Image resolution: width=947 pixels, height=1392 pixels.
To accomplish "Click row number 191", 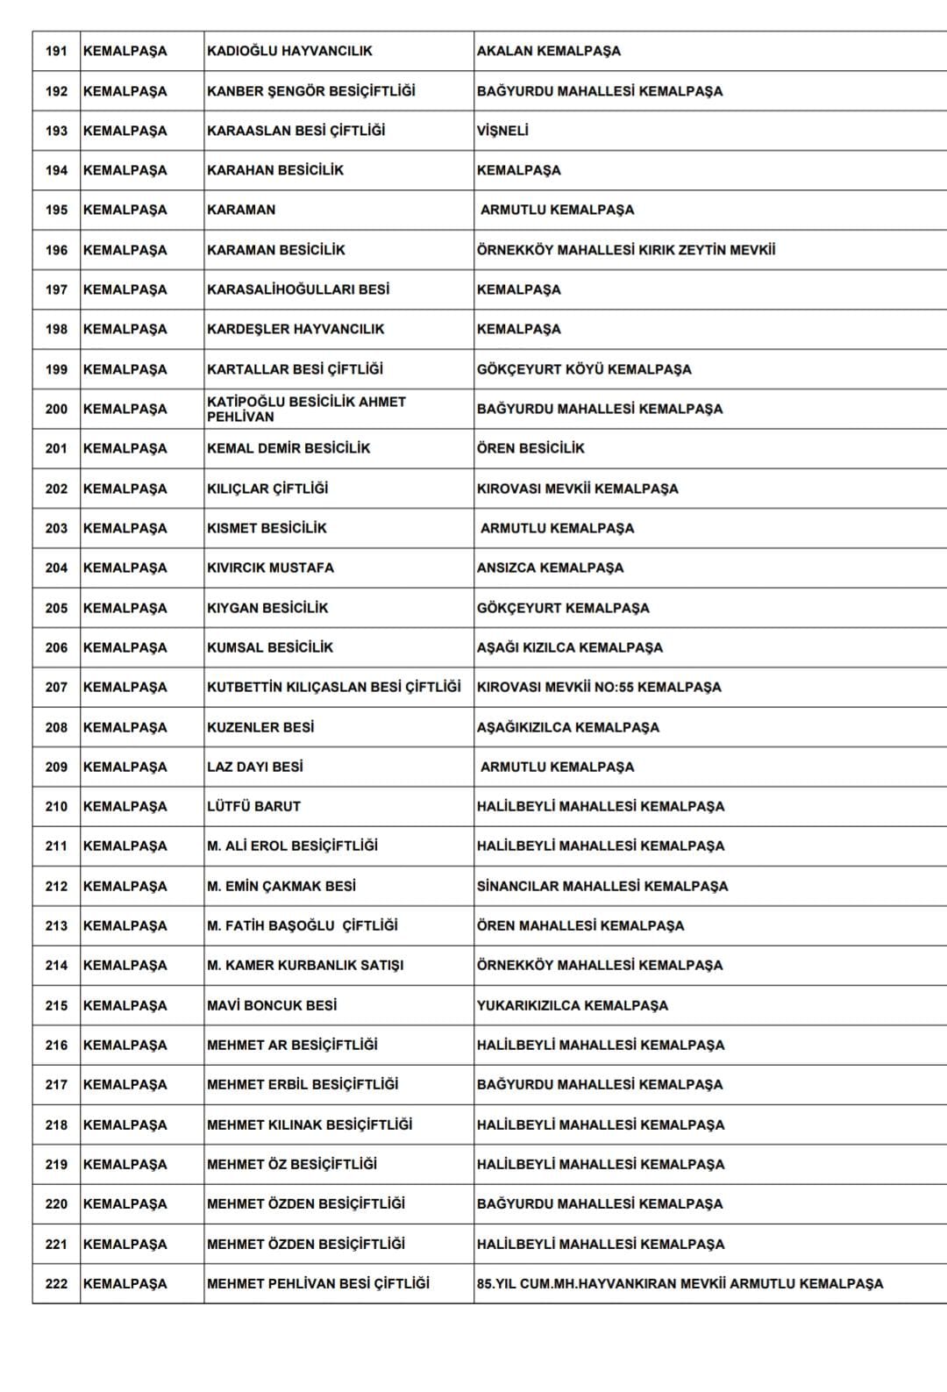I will coord(56,51).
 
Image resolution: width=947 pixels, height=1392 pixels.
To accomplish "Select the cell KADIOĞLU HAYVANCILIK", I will coord(289,51).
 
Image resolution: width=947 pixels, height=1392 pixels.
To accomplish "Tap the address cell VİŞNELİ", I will coord(502,131).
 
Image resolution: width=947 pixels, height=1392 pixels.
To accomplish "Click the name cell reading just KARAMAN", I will coord(241,210).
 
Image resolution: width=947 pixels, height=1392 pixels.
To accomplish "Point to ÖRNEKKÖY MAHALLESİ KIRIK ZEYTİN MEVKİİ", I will coord(625,250).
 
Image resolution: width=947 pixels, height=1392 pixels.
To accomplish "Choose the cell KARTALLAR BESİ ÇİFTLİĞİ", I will coord(295,369).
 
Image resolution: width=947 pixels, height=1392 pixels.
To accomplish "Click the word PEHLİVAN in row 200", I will coord(240,417).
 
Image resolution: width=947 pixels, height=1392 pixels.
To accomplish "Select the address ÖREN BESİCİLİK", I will coord(530,448).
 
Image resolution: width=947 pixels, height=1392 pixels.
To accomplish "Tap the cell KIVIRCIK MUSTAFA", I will coord(270,568).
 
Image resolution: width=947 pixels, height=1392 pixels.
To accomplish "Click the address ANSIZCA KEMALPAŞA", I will coord(550,568).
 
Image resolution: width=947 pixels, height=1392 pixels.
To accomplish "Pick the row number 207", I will coord(56,687).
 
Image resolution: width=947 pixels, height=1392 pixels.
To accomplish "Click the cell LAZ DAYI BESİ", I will coord(255,767).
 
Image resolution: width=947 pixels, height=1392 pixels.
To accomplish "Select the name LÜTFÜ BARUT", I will coord(253,806).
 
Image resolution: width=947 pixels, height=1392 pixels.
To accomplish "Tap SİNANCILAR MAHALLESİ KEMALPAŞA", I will coord(602,886).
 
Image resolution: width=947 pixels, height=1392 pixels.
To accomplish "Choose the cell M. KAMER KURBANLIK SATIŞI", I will coord(305,965).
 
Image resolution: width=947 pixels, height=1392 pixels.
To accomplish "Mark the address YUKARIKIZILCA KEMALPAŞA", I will coord(572,1005).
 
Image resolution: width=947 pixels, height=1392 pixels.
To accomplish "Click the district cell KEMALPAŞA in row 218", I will coord(125,1124).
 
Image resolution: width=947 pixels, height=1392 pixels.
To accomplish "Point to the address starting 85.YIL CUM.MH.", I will coord(680,1283).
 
